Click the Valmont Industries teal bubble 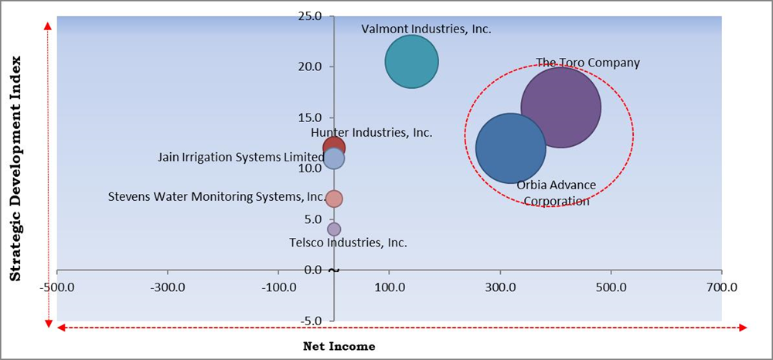coord(411,62)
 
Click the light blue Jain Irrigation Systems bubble coord(334,159)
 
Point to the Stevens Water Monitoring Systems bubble coord(333,199)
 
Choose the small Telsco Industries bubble coord(333,229)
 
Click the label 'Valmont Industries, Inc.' coord(426,29)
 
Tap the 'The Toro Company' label coord(587,63)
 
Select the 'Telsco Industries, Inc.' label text coord(348,243)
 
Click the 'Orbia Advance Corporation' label coord(556,193)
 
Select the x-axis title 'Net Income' coord(339,346)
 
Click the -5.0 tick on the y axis coord(311,321)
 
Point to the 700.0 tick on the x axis coord(721,287)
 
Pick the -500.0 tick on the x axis coord(56,287)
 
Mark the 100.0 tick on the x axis coord(389,287)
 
